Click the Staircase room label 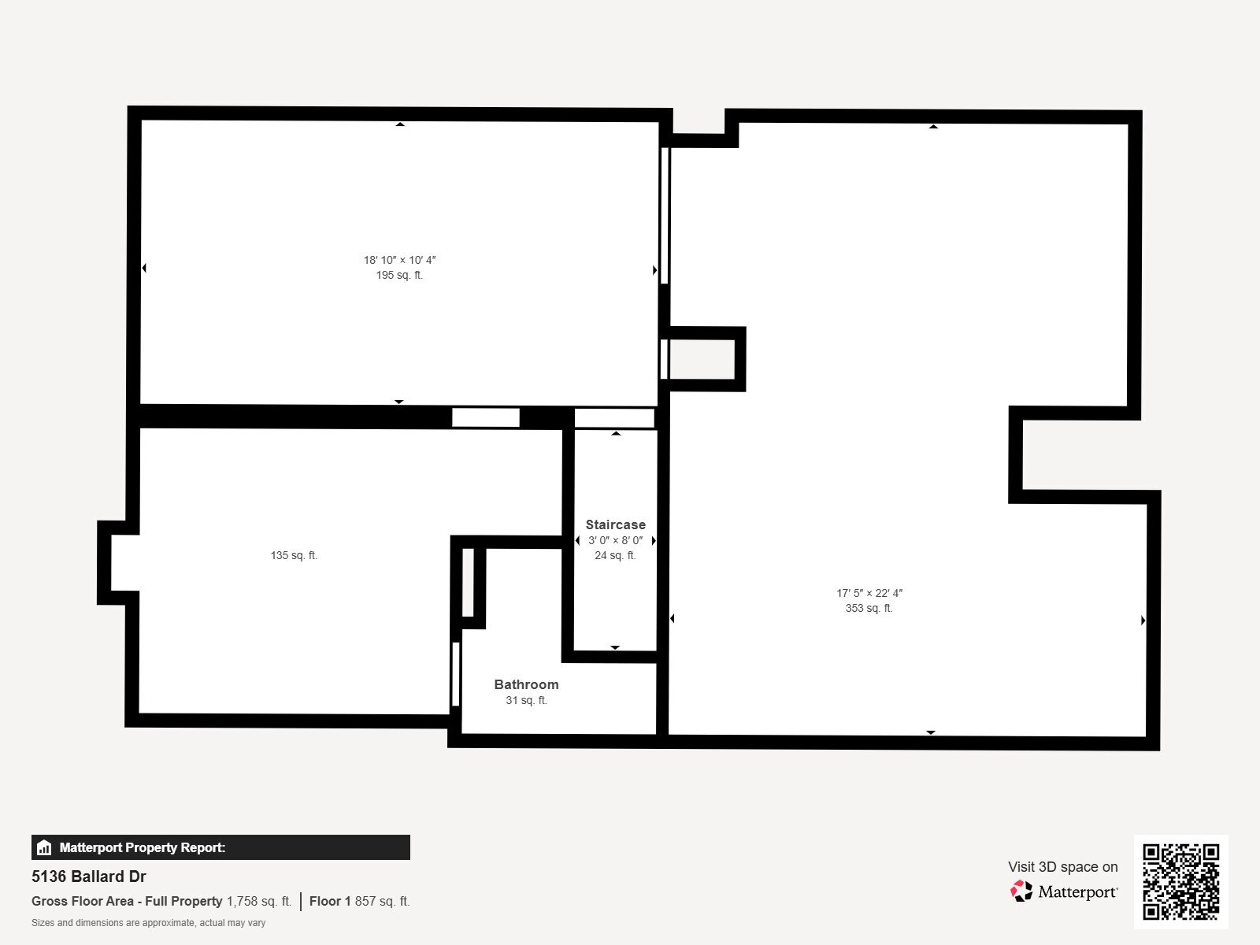(x=615, y=524)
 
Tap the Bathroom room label (x=526, y=684)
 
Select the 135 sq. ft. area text (x=294, y=555)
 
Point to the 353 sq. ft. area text (x=869, y=608)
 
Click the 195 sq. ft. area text (x=399, y=276)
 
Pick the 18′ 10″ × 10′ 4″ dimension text (x=399, y=260)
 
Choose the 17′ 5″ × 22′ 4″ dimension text (x=869, y=593)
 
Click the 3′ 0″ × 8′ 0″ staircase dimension (x=615, y=540)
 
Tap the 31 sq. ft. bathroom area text (x=526, y=701)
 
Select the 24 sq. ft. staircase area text (x=615, y=555)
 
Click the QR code (x=1180, y=882)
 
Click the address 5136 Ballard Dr (x=89, y=876)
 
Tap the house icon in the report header (x=44, y=847)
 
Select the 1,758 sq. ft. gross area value (x=259, y=902)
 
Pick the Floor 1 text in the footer (x=330, y=902)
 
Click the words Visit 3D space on (x=1063, y=867)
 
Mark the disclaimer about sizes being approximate (x=148, y=923)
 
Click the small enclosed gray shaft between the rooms (x=702, y=359)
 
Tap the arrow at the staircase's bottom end (x=615, y=648)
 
